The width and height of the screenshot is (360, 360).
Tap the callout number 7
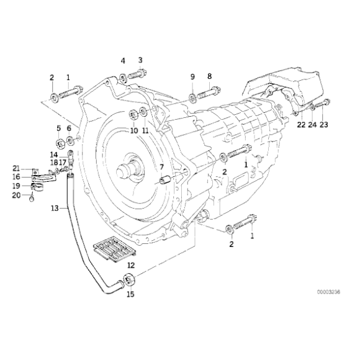(x=161, y=167)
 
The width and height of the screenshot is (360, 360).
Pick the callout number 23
(x=324, y=125)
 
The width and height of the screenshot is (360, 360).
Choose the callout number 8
(x=210, y=76)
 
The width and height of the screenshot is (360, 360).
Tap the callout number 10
(x=133, y=131)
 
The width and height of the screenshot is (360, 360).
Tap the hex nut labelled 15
(x=130, y=279)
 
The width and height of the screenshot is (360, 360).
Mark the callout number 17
(x=63, y=161)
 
